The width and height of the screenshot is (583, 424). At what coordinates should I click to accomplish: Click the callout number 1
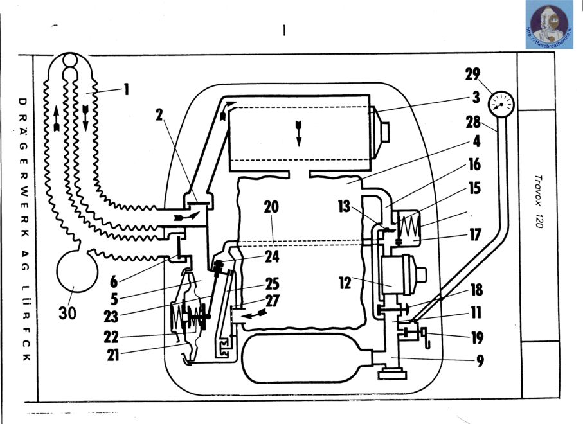pyautogui.click(x=127, y=89)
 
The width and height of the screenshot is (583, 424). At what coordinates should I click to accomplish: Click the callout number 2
pyautogui.click(x=160, y=115)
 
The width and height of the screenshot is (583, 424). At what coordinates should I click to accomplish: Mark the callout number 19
pyautogui.click(x=476, y=338)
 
